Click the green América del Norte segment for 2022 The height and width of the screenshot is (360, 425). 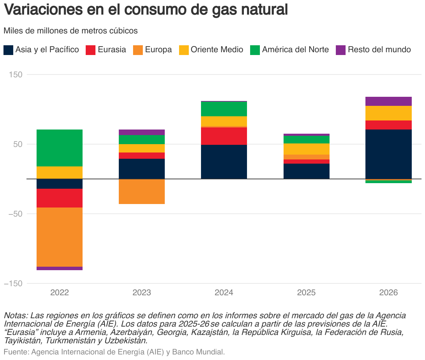[x=60, y=148]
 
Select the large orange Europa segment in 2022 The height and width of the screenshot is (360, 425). [x=60, y=237]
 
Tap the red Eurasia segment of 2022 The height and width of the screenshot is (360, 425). [x=60, y=198]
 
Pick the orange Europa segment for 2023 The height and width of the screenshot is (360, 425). [x=142, y=191]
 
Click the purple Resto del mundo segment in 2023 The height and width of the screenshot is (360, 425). [x=142, y=132]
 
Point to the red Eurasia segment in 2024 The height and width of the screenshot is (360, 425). [x=224, y=136]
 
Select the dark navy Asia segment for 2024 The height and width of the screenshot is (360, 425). [x=224, y=162]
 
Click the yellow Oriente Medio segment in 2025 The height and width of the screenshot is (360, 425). [x=306, y=149]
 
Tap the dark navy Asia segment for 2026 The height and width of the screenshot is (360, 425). [x=388, y=154]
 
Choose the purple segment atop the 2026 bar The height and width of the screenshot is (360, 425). [x=388, y=101]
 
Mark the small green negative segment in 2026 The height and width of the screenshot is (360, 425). [x=388, y=182]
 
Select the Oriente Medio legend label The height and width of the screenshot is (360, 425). [x=217, y=50]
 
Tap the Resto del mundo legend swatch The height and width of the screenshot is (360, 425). [x=340, y=50]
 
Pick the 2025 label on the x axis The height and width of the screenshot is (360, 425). [x=306, y=292]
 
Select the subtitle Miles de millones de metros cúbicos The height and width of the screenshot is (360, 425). [x=71, y=31]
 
